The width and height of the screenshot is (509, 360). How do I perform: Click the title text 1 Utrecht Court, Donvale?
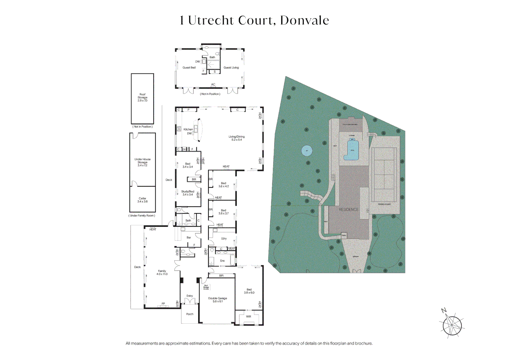(x=254, y=20)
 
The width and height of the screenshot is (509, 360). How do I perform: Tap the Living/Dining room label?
(x=237, y=138)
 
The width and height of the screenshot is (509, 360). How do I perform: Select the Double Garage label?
(x=218, y=300)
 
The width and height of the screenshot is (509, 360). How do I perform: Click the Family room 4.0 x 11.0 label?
(x=162, y=273)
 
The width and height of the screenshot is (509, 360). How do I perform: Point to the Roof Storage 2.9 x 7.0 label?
(x=142, y=97)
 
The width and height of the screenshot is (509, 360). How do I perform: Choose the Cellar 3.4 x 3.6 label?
(x=142, y=200)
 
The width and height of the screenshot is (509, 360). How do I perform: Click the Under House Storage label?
(x=142, y=162)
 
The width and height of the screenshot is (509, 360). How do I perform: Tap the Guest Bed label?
(x=189, y=68)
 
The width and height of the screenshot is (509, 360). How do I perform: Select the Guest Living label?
(x=231, y=68)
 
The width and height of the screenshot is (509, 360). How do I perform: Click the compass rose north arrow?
(x=452, y=325)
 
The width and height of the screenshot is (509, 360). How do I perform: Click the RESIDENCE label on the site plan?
(x=349, y=210)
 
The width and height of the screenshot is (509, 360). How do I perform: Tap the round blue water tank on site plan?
(x=307, y=151)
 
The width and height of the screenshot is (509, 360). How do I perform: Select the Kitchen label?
(x=188, y=129)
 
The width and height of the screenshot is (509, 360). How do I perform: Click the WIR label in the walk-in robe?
(x=248, y=317)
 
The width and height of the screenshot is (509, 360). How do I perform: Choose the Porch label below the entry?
(x=190, y=314)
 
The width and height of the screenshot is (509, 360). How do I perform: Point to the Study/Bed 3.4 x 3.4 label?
(x=188, y=193)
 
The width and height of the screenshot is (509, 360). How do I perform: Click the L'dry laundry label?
(x=224, y=239)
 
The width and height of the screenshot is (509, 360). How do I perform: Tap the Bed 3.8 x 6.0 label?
(x=249, y=291)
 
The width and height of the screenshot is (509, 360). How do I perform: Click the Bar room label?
(x=189, y=238)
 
